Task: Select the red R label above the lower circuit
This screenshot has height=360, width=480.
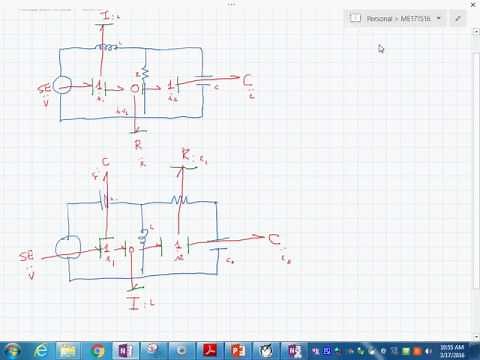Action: (186, 154)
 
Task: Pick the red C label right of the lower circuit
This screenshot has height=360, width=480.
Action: (273, 239)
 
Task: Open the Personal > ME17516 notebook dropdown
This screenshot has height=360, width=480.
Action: (396, 18)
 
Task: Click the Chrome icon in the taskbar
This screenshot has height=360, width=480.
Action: (98, 350)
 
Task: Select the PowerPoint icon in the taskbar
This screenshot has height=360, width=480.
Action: (238, 350)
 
